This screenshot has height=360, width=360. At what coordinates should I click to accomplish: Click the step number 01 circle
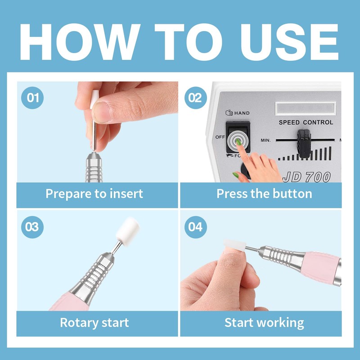(x=32, y=98)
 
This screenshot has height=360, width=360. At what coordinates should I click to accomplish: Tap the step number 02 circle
(x=196, y=98)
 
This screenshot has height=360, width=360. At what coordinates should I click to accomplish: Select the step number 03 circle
(x=32, y=227)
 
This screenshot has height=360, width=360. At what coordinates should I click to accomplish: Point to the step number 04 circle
(x=196, y=227)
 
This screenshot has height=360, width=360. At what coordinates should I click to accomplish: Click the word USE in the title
(x=289, y=42)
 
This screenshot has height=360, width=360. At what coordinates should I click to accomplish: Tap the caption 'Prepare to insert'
(x=94, y=194)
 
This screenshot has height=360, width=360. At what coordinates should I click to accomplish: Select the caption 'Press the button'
(x=264, y=193)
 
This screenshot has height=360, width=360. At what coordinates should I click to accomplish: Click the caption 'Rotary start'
(x=94, y=323)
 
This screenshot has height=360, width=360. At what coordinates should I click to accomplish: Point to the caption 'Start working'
(x=264, y=323)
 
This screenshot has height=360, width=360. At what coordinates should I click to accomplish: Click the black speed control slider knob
(x=304, y=144)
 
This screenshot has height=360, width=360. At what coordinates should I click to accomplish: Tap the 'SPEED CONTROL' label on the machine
(x=306, y=122)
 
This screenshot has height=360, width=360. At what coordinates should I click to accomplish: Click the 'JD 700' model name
(x=307, y=177)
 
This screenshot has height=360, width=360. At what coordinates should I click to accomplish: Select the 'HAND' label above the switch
(x=238, y=113)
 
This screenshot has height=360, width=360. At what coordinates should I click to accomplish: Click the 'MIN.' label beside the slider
(x=265, y=140)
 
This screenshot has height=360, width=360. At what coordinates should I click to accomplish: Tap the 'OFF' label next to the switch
(x=220, y=137)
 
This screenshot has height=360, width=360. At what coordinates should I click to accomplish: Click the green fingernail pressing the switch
(x=238, y=142)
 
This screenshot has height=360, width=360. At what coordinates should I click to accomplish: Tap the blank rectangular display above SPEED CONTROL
(x=306, y=108)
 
